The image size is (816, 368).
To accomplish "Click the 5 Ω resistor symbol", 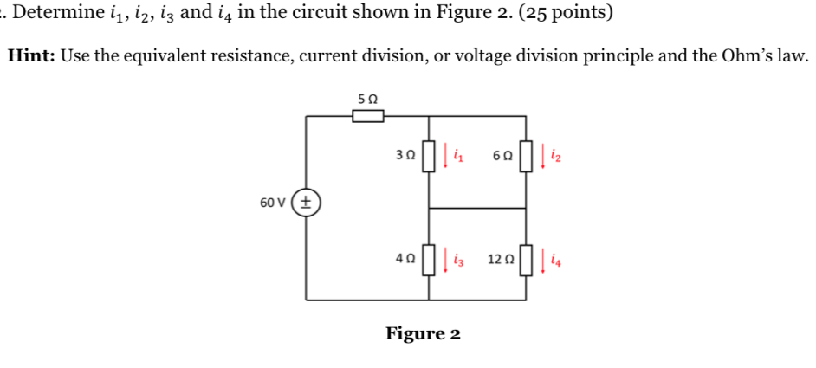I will click(367, 116).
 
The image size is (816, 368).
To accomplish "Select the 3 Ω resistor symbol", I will click(427, 157).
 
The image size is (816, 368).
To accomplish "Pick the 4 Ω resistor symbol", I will click(427, 258).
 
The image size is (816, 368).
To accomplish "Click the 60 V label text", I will click(275, 203).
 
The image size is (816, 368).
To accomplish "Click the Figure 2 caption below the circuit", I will click(423, 333).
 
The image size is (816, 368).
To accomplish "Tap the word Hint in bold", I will click(31, 56).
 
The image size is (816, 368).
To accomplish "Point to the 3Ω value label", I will click(404, 157).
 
